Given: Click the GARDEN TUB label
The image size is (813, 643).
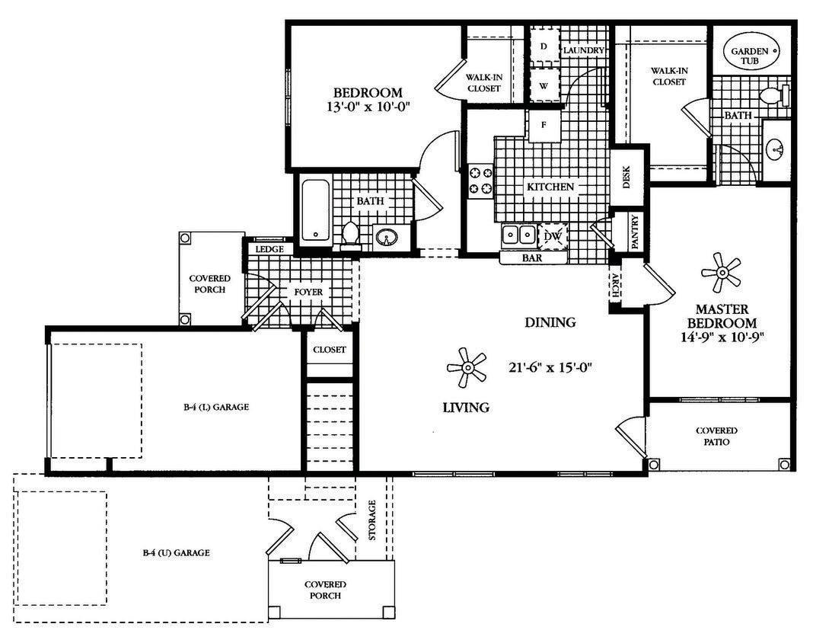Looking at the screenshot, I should [x=751, y=56].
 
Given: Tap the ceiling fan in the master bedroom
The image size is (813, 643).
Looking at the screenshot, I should [x=720, y=271].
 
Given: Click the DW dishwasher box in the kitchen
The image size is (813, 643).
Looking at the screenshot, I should [x=553, y=237].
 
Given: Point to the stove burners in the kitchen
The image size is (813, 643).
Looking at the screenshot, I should [x=480, y=181].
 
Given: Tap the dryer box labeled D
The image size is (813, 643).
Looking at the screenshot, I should [x=544, y=46].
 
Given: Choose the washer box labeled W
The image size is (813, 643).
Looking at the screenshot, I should [x=544, y=86].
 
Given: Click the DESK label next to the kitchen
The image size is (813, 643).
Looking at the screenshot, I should [x=627, y=178].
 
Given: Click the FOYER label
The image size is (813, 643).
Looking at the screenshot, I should [x=308, y=292].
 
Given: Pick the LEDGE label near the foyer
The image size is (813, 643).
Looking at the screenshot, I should [x=269, y=248].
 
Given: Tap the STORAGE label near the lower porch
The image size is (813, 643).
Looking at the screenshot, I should [x=372, y=520].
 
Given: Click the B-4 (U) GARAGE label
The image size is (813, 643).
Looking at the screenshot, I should [x=176, y=553].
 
